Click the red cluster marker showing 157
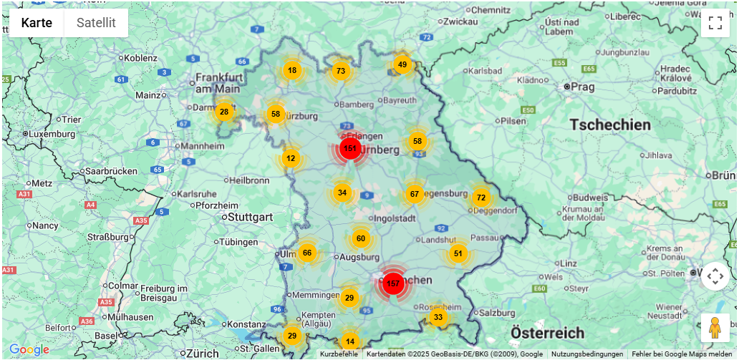(x=392, y=283)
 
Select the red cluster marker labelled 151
(x=349, y=149)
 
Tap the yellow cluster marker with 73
(x=341, y=71)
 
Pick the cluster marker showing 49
(x=402, y=64)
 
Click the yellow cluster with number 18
(x=292, y=70)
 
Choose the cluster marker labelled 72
(x=481, y=198)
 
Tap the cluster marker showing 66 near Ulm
(x=307, y=252)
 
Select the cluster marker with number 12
(x=291, y=158)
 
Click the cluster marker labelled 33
(x=438, y=317)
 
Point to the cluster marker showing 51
(x=458, y=253)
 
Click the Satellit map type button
(x=96, y=23)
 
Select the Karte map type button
(x=37, y=23)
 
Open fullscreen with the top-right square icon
(x=715, y=22)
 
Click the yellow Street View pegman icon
(x=715, y=328)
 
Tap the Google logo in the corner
(x=29, y=350)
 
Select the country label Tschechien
(x=610, y=125)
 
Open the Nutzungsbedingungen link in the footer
(x=586, y=354)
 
